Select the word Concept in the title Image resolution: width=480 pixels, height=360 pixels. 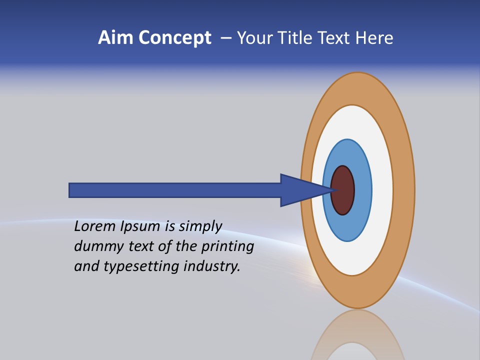pos(174,38)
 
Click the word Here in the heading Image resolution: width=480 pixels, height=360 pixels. pos(374,38)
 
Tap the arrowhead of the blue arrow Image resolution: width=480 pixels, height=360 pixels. pos(300,190)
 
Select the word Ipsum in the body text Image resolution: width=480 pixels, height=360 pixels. pos(139,227)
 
